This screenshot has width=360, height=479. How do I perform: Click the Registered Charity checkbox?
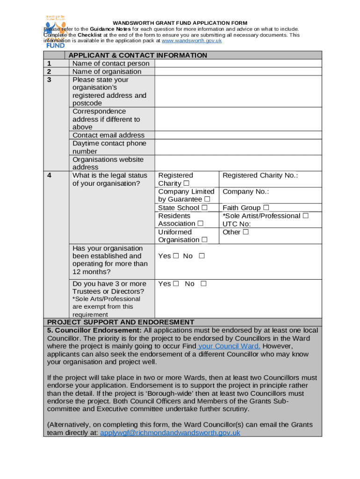pyautogui.click(x=187, y=183)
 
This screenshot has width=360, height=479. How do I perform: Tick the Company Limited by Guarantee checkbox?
pyautogui.click(x=207, y=199)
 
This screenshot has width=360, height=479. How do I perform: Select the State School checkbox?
pyautogui.click(x=204, y=208)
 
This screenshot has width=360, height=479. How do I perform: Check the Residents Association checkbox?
pyautogui.click(x=200, y=224)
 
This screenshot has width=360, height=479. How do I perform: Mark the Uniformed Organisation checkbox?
pyautogui.click(x=204, y=240)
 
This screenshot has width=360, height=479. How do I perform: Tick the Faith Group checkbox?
pyautogui.click(x=266, y=208)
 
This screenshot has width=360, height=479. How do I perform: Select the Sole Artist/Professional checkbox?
pyautogui.click(x=305, y=216)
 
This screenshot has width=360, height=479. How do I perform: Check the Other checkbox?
pyautogui.click(x=245, y=232)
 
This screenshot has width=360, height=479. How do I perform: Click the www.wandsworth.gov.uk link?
pyautogui.click(x=191, y=41)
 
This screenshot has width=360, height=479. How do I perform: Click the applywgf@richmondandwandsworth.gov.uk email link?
pyautogui.click(x=170, y=433)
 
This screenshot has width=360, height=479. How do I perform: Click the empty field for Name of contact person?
pyautogui.click(x=238, y=63)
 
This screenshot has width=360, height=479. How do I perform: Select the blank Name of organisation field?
pyautogui.click(x=238, y=72)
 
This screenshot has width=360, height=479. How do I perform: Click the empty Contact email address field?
pyautogui.click(x=238, y=135)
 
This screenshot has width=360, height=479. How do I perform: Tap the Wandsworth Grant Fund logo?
pyautogui.click(x=55, y=32)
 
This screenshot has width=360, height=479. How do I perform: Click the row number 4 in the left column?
pyautogui.click(x=49, y=175)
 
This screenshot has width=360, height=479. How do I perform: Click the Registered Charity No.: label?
pyautogui.click(x=260, y=175)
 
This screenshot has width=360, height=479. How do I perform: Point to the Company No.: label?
pyautogui.click(x=245, y=191)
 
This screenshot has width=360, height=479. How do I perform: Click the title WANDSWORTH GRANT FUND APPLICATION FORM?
pyautogui.click(x=180, y=23)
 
